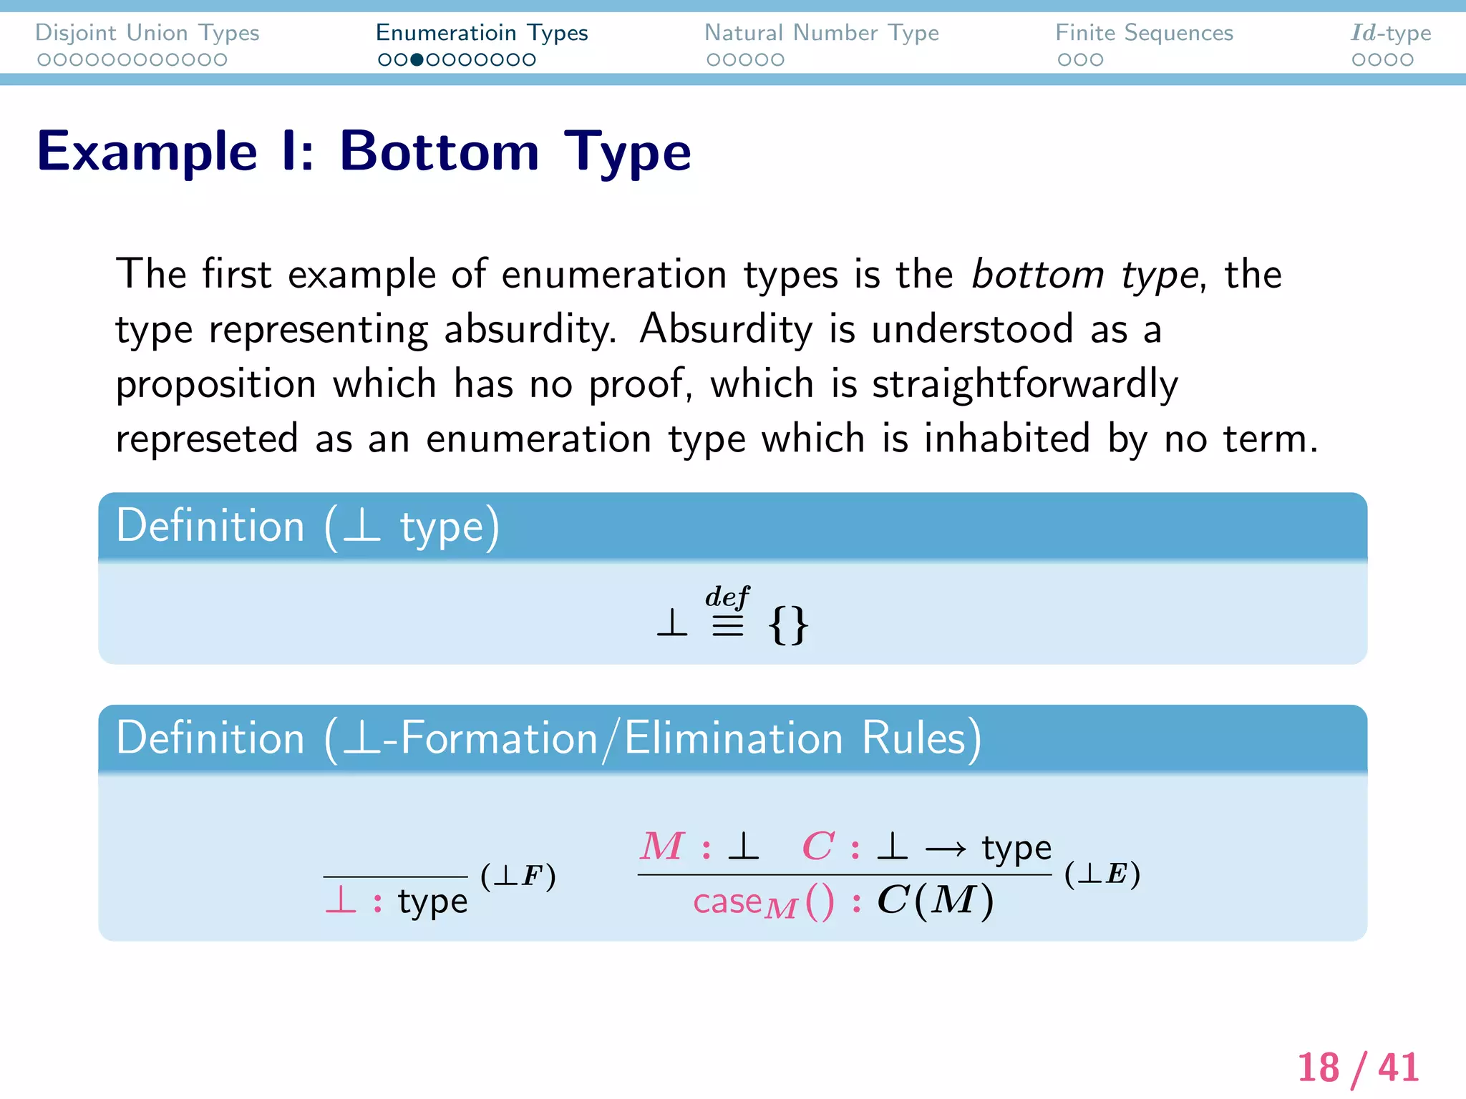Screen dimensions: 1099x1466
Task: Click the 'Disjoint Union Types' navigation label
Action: pos(147,33)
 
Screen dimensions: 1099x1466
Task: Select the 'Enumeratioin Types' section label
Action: pos(481,33)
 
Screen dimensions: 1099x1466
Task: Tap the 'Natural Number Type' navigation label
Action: pos(821,33)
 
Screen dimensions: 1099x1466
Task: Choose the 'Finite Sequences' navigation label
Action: pos(1144,33)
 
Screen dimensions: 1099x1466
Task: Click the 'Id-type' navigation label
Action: pos(1390,33)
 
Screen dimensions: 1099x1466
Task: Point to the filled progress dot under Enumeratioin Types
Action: pos(417,60)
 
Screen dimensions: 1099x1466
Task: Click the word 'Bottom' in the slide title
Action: pos(439,152)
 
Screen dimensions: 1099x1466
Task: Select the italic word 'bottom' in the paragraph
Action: pos(1038,275)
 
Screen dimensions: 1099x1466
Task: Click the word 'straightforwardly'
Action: pos(1024,384)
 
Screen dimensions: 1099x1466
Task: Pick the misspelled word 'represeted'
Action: pos(207,439)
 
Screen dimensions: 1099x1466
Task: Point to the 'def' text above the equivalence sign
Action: pos(727,597)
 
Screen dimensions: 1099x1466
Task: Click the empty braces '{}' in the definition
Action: pos(788,625)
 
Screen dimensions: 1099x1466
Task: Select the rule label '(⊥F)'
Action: pos(518,876)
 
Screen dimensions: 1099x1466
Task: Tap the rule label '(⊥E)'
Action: pos(1102,874)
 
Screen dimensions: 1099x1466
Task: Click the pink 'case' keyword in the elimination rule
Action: pos(727,902)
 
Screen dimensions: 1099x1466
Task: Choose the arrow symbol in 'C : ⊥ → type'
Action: pos(945,849)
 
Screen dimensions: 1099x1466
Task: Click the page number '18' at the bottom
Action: pos(1318,1068)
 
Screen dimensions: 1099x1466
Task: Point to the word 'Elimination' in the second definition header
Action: pos(734,738)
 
